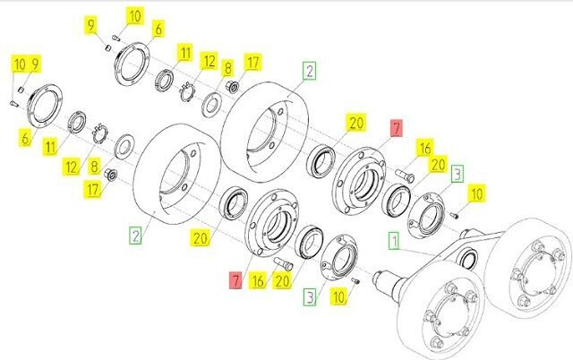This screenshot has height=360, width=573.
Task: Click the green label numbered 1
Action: pyautogui.click(x=394, y=241)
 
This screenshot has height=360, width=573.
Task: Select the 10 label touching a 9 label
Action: pyautogui.click(x=20, y=64)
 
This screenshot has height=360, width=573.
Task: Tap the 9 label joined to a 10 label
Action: pyautogui.click(x=34, y=64)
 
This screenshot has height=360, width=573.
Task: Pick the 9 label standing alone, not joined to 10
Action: pyautogui.click(x=91, y=25)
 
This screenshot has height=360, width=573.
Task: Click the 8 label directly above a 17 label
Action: pyautogui.click(x=94, y=167)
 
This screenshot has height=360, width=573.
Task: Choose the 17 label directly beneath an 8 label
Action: pyautogui.click(x=93, y=190)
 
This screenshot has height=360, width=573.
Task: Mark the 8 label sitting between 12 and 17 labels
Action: pyautogui.click(x=227, y=68)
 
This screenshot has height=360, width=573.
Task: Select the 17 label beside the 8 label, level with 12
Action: pyautogui.click(x=252, y=62)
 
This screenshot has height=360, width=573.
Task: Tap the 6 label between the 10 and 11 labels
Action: pyautogui.click(x=158, y=29)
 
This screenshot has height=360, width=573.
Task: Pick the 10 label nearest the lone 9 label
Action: pyautogui.click(x=134, y=16)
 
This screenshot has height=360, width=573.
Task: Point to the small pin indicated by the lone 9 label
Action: pyautogui.click(x=107, y=47)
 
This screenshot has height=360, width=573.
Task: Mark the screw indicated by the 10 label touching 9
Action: pyautogui.click(x=13, y=104)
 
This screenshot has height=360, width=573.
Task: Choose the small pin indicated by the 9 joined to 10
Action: pyautogui.click(x=21, y=90)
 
